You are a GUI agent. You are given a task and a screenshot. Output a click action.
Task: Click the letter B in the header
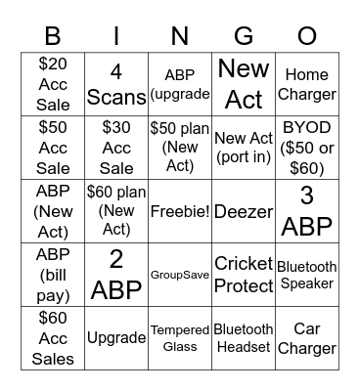point(53,35)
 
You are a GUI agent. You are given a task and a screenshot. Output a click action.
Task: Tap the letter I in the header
point(116,35)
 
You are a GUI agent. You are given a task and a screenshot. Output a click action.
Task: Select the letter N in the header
point(180,35)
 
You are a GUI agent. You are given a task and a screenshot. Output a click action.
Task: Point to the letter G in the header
point(244,35)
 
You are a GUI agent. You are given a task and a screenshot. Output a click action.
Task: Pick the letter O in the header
point(307,35)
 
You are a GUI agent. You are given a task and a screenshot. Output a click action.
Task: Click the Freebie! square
point(180,211)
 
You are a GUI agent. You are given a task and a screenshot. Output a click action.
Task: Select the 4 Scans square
point(116,84)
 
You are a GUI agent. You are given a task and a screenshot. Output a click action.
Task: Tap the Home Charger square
point(307,84)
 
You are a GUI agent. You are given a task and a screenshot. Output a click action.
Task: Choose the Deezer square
point(244,211)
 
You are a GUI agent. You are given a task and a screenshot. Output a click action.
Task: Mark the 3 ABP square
point(307,211)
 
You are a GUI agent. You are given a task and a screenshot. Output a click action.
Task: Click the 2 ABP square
point(116,275)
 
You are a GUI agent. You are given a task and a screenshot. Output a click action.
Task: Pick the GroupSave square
point(180,275)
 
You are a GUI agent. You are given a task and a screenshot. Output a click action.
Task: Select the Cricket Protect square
point(244,275)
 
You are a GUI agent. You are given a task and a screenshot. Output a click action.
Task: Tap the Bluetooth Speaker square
point(307,275)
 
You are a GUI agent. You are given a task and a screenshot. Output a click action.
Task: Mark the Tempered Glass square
point(180,338)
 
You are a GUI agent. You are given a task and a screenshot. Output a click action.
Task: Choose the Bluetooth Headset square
point(244,338)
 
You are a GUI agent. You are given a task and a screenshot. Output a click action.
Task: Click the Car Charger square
point(307,338)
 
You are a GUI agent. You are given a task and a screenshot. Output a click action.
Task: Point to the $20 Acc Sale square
point(53,84)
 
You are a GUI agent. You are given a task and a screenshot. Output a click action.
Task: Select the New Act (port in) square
point(244,148)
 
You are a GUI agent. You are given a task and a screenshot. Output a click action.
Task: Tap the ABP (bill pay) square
point(53,275)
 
